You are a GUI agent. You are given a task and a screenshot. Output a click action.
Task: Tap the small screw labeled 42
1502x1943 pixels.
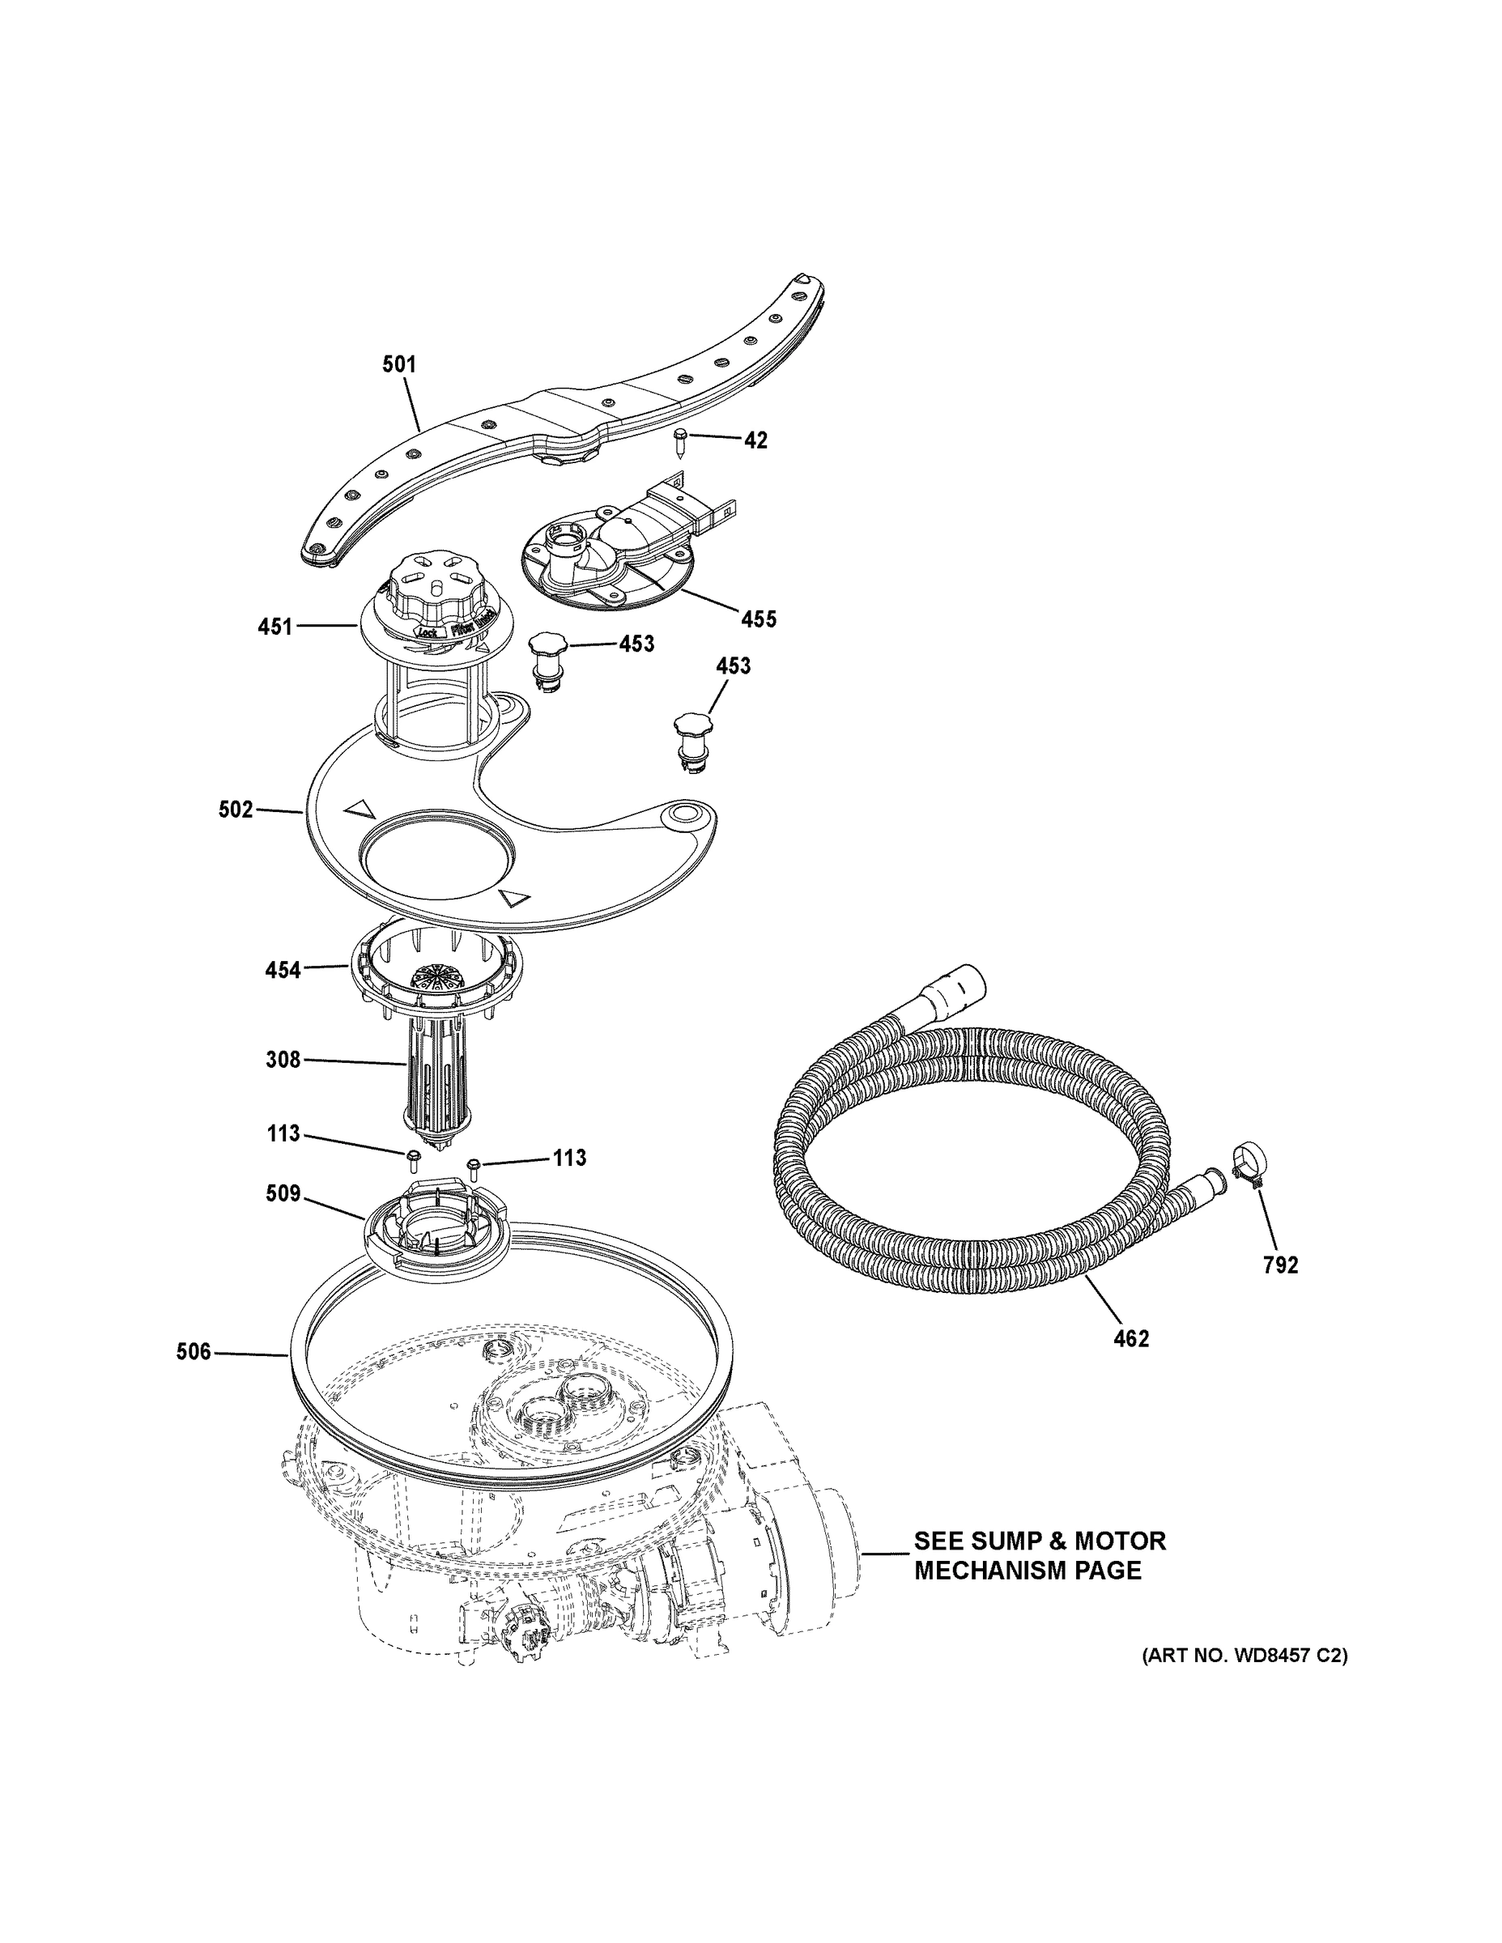[681, 440]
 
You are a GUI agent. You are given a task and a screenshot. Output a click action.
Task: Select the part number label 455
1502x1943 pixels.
[759, 619]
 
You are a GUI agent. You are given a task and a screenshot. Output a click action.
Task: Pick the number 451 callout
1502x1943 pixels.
[275, 627]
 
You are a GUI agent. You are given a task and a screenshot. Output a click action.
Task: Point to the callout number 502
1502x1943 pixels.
[236, 810]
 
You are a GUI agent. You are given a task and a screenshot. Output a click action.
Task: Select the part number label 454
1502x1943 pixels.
[283, 970]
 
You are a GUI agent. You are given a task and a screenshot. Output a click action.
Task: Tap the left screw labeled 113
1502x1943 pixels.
[414, 1158]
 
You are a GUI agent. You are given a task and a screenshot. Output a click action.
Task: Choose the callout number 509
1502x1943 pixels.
[283, 1193]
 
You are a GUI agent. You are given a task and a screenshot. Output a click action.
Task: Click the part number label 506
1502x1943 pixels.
[193, 1351]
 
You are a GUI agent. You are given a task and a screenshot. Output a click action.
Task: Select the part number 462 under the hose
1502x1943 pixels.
[1131, 1363]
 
